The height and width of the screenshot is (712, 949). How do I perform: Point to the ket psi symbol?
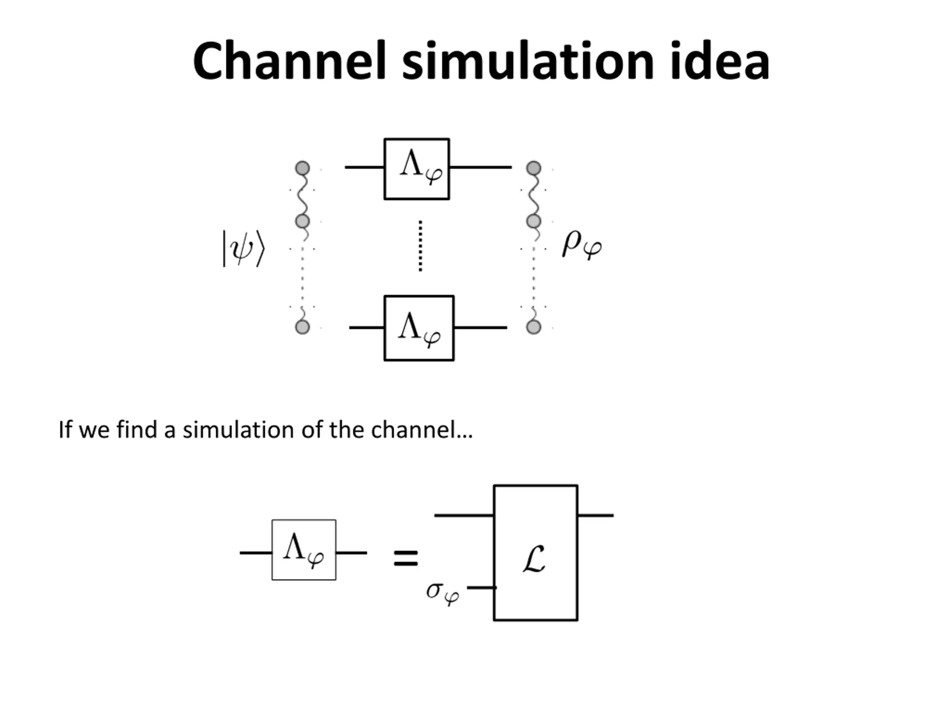click(x=243, y=249)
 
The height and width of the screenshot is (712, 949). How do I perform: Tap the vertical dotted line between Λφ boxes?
click(x=420, y=246)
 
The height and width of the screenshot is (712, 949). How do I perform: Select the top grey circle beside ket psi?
click(x=302, y=168)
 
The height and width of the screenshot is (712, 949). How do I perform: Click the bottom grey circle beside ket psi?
click(x=302, y=327)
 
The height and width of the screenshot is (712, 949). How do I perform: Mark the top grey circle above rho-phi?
click(x=534, y=168)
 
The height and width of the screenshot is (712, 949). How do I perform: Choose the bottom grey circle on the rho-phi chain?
click(x=533, y=327)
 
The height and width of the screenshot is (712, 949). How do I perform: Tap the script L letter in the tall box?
click(x=534, y=559)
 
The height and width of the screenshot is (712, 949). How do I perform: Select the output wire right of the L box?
click(x=595, y=515)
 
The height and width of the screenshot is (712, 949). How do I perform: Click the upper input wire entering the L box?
click(x=464, y=515)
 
